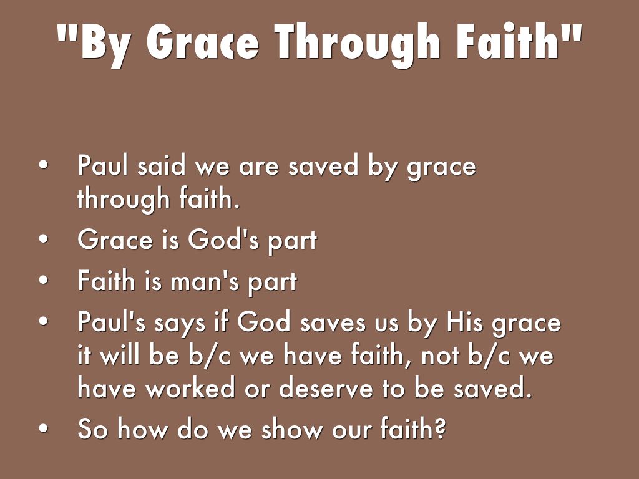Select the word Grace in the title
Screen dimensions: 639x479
click(203, 42)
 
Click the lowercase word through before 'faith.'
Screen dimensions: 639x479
click(123, 199)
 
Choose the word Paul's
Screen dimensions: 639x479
click(111, 321)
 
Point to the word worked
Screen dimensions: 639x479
click(190, 387)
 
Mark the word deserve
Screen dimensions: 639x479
click(326, 387)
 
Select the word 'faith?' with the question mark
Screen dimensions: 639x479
click(414, 428)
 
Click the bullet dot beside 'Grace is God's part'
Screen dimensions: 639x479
click(44, 239)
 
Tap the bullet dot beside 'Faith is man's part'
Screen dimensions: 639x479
click(44, 281)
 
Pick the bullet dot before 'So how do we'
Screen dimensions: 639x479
click(44, 428)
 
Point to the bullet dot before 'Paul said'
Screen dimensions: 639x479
click(44, 165)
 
